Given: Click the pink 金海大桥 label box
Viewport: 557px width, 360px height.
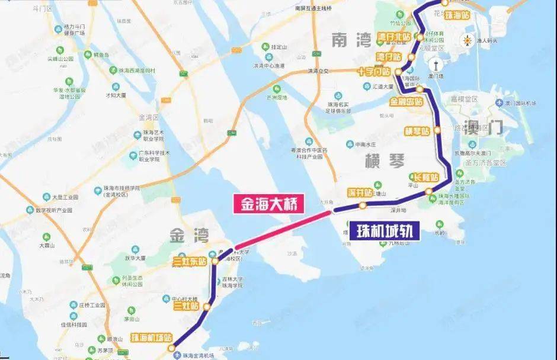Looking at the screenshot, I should pyautogui.click(x=270, y=204).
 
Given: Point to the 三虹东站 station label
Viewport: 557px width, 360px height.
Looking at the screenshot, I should pyautogui.click(x=190, y=261).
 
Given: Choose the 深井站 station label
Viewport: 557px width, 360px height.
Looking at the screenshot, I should pyautogui.click(x=360, y=192).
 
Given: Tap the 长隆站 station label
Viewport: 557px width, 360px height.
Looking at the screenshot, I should pyautogui.click(x=425, y=177).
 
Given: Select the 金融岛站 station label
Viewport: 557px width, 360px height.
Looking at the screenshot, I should pyautogui.click(x=405, y=101).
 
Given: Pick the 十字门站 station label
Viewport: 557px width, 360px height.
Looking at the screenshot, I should pyautogui.click(x=373, y=72).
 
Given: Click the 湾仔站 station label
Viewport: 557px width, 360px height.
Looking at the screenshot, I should pyautogui.click(x=388, y=56).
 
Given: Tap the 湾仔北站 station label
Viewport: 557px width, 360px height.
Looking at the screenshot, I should pyautogui.click(x=393, y=37).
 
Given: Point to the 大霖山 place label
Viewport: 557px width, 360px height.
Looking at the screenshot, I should pyautogui.click(x=47, y=245).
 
